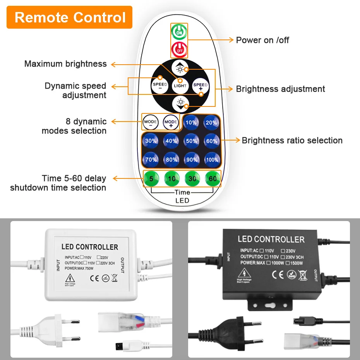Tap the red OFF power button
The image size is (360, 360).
(x=180, y=49)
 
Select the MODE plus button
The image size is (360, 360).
(x=171, y=123)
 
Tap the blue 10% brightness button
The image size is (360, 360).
(x=191, y=123)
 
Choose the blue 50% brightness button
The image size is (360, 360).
(x=191, y=141)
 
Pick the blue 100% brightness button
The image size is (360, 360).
(x=212, y=159)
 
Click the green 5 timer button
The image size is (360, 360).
(x=151, y=179)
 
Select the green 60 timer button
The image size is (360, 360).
(x=213, y=179)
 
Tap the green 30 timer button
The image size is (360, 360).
(x=192, y=179)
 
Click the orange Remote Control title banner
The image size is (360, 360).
(x=70, y=17)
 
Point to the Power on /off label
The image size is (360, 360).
(x=262, y=40)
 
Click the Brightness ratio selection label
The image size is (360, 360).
(x=292, y=141)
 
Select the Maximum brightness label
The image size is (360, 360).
(x=65, y=64)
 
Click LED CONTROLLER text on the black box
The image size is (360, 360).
(x=271, y=239)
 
